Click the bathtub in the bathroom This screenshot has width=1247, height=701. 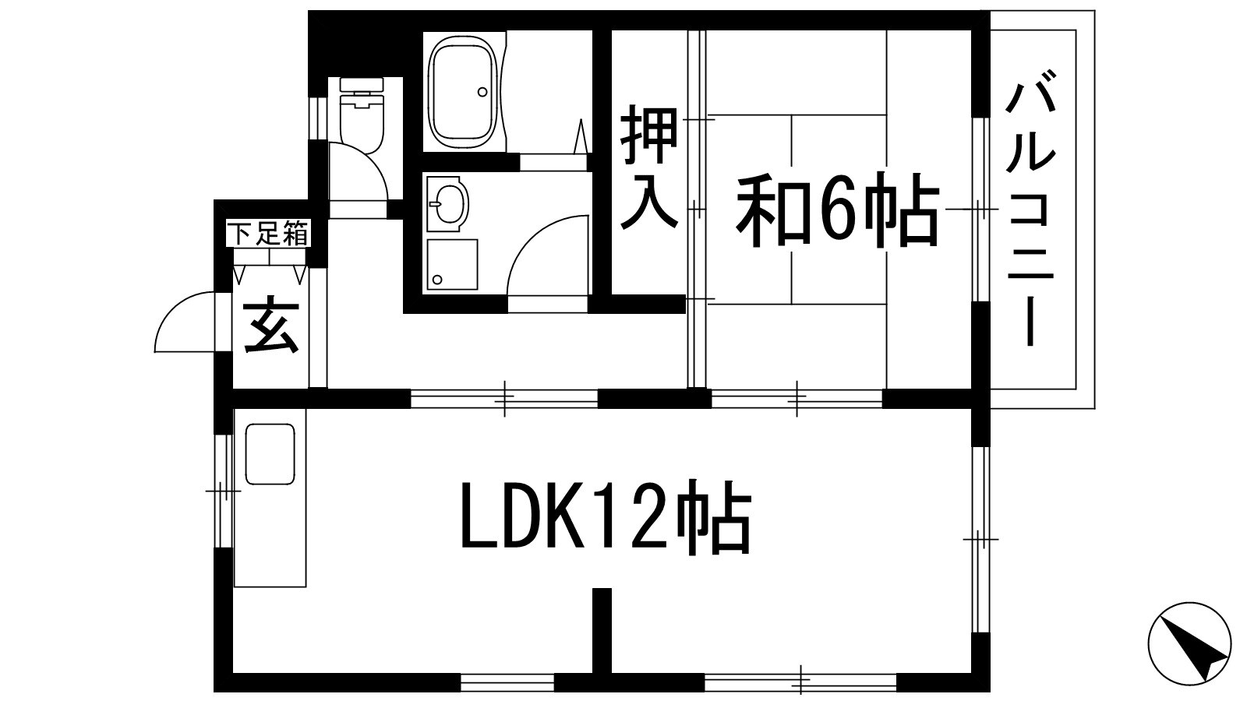point(464,93)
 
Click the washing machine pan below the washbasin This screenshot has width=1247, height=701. point(450,265)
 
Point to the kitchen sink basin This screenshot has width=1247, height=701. point(270,454)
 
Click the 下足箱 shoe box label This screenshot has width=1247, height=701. point(269,234)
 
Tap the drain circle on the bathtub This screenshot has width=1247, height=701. point(482,92)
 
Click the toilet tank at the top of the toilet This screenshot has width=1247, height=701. point(362,88)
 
